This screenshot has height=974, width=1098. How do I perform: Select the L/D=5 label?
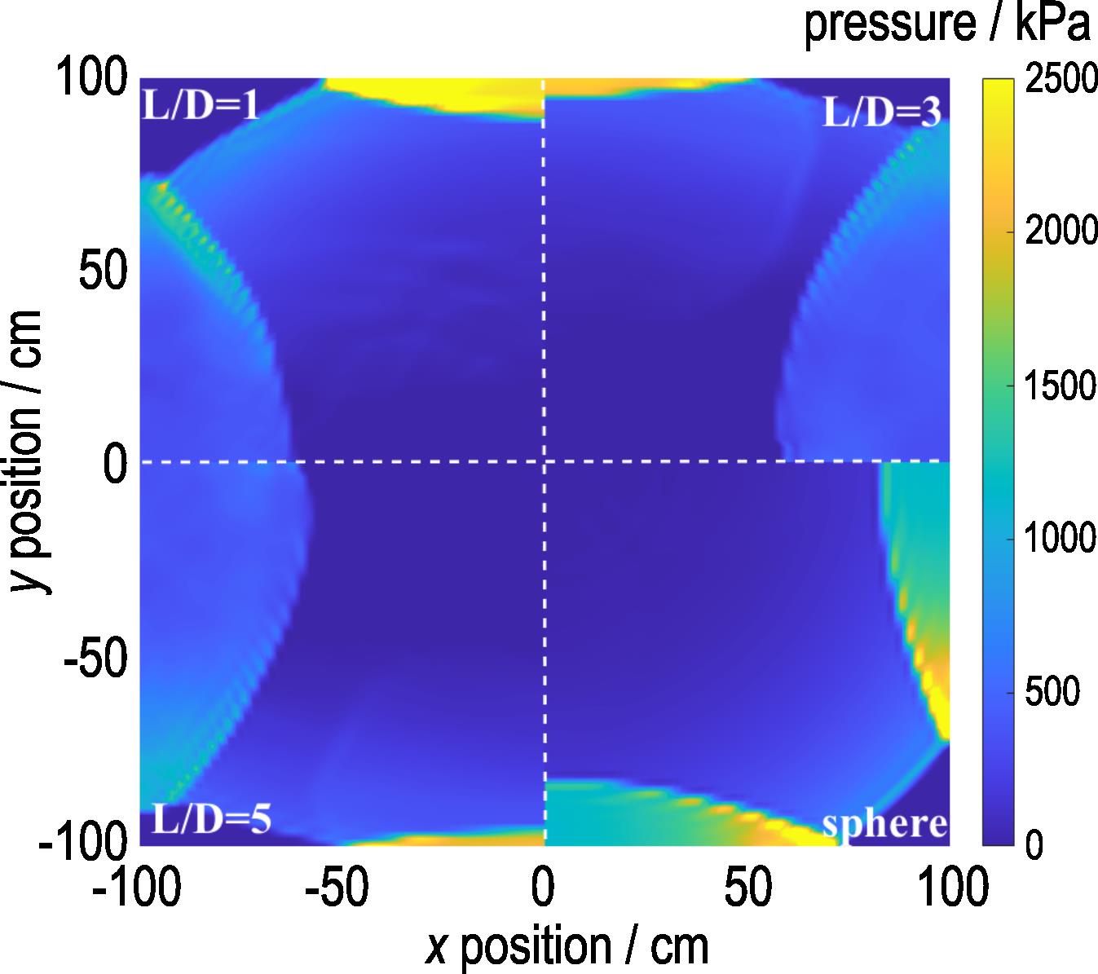point(211,818)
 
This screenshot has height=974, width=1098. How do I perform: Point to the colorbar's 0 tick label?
point(1034,846)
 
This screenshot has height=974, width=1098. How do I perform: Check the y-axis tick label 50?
point(104,271)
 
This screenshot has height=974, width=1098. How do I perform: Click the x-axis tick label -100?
point(137,889)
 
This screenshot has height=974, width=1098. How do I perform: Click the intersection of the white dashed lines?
point(544,462)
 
